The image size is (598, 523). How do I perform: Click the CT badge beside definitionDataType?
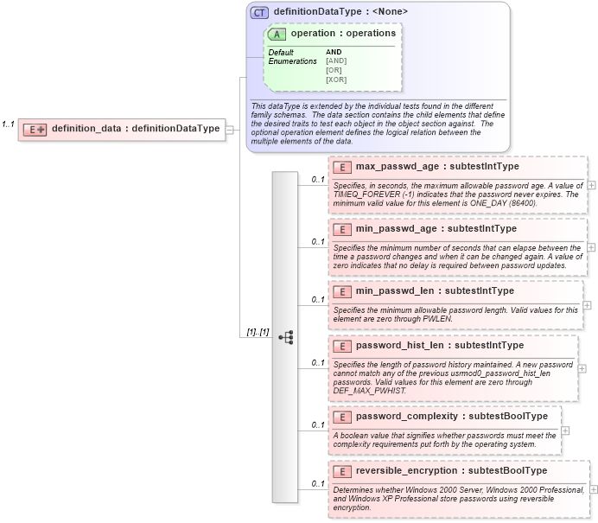259,12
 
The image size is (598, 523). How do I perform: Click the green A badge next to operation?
277,34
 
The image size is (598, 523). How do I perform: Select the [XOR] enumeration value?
336,80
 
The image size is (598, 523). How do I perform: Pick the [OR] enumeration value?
334,70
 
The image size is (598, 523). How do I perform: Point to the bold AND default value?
334,52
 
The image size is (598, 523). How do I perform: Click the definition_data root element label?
136,129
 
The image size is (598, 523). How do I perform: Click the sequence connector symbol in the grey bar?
285,336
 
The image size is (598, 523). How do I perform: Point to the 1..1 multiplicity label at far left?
9,124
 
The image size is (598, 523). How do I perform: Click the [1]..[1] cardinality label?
258,332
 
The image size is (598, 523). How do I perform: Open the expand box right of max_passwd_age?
591,185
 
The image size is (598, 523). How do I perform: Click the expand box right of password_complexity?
565,430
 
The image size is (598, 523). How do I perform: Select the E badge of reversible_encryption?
341,471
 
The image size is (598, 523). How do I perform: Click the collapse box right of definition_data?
231,130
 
